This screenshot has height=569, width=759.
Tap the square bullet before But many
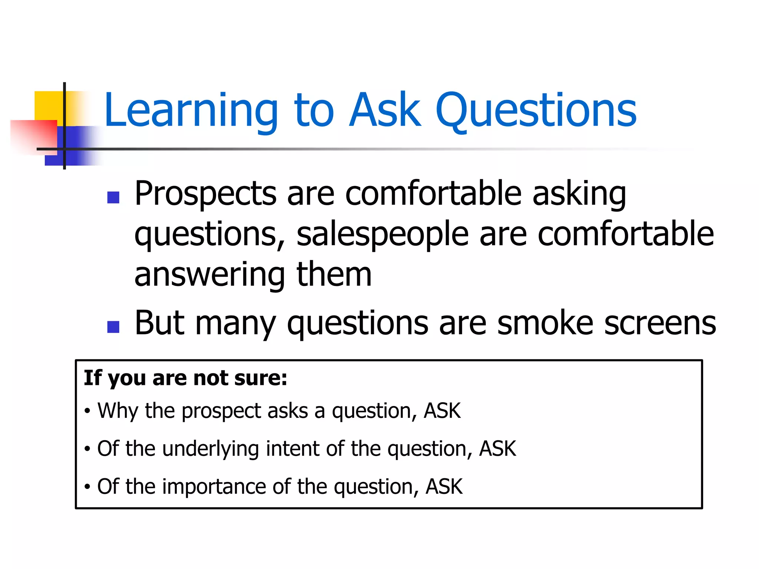pos(113,326)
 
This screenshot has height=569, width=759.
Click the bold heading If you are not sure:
pos(185,378)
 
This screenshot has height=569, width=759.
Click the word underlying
pos(211,449)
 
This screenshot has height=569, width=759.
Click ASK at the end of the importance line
pos(444,487)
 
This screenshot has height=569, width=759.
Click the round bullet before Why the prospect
pos(87,411)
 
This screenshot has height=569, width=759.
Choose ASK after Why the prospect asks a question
pos(442,411)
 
